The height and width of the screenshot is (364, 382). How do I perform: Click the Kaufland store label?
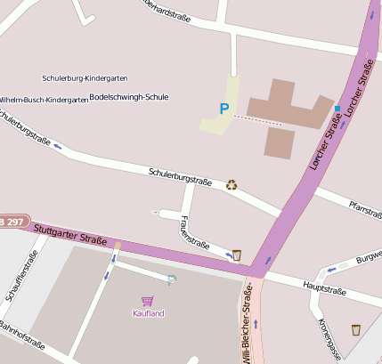(149, 313)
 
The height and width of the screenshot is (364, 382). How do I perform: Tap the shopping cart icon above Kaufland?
(147, 302)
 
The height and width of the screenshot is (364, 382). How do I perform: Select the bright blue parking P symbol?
(224, 109)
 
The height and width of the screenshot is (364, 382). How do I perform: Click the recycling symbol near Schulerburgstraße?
(232, 184)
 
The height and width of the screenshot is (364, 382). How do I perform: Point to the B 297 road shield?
(12, 221)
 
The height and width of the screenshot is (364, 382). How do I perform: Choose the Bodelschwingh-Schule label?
(129, 96)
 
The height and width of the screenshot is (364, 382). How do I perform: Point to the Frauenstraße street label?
(194, 231)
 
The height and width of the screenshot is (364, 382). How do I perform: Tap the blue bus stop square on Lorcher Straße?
(337, 109)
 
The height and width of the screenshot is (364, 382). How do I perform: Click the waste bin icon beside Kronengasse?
(356, 329)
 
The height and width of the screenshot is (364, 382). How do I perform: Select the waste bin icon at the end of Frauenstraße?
(236, 255)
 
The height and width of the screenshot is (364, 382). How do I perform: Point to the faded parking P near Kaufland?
(172, 280)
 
